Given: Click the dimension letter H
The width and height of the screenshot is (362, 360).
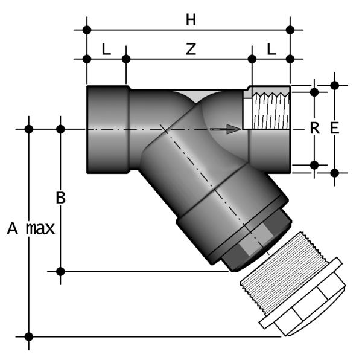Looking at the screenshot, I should point(191,20).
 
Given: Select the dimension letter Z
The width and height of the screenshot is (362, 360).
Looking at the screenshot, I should point(191,50).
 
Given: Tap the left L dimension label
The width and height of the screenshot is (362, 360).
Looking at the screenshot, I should point(106,50).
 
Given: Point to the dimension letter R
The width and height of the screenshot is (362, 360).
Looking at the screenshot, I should point(314,128).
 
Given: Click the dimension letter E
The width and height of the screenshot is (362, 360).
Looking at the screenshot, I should point(334,128).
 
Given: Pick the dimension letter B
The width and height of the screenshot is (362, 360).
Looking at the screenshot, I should point(60,198).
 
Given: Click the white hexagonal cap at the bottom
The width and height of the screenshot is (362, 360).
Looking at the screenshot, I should point(305,305).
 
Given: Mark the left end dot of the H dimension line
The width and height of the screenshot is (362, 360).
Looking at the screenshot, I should point(87,29).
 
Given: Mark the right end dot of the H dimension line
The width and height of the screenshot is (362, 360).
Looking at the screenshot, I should point(290,29).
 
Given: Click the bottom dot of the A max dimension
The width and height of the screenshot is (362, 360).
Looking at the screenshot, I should point(28,336).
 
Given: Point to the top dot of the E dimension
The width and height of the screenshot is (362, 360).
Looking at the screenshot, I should point(335,85).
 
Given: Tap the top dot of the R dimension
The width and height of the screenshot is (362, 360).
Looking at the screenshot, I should point(314,92).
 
